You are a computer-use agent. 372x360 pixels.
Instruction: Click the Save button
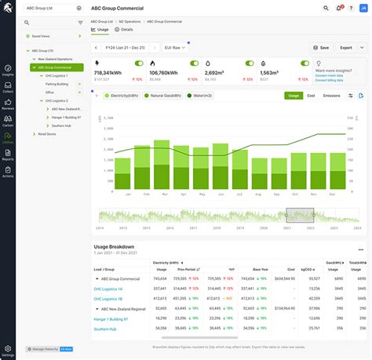[320, 47]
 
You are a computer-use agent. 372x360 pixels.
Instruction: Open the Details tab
[125, 28]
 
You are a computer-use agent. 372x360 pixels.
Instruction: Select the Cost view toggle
[311, 96]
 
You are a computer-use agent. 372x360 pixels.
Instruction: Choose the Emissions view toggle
[331, 96]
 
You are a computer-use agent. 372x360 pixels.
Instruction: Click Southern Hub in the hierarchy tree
[58, 125]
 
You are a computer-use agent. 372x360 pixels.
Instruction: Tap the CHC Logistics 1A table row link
[111, 289]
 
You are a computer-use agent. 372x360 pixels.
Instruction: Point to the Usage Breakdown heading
[118, 245]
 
